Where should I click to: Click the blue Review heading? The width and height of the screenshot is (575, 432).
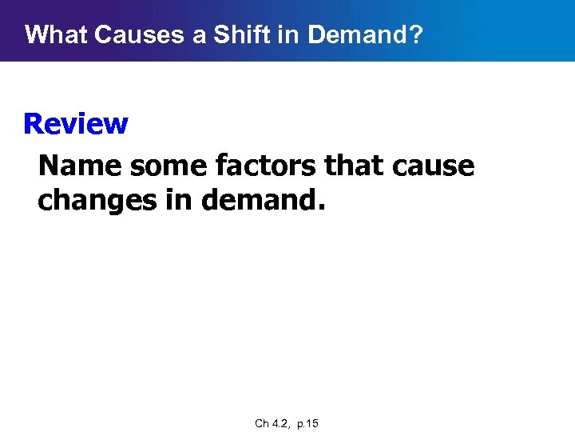coord(75,124)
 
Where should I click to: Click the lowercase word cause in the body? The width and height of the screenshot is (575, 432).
coord(436,166)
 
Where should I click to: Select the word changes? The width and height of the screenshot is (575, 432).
coord(96,200)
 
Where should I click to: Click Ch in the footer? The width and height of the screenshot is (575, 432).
coord(262,423)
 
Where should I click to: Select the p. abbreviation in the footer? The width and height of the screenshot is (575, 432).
coord(303,423)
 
